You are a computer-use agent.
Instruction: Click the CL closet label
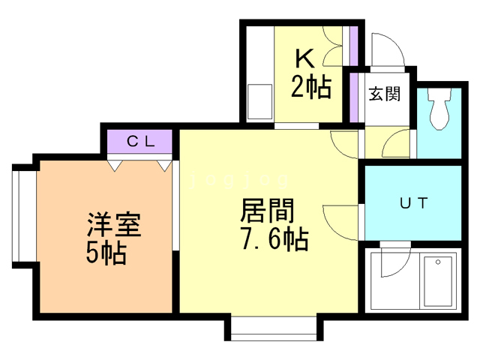(141, 141)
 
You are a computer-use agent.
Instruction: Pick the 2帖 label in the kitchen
(310, 88)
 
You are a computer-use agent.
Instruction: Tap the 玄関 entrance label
(383, 94)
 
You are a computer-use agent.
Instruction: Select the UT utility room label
(412, 202)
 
